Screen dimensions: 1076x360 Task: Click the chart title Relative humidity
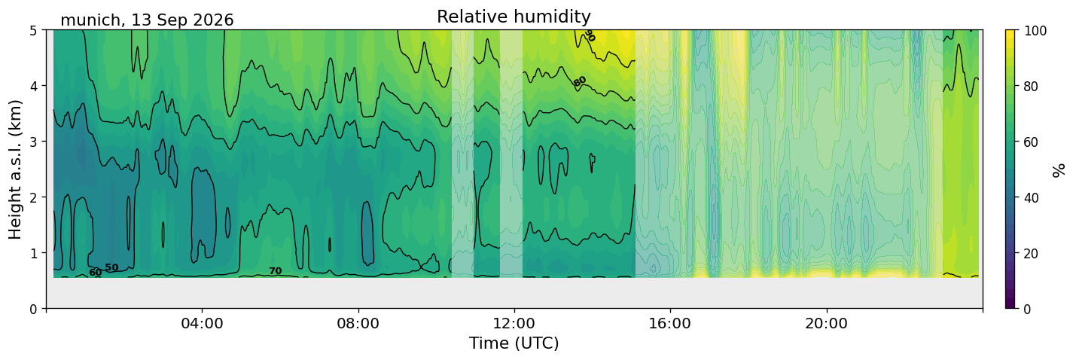coord(514,17)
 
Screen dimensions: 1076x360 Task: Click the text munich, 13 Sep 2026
coord(147,20)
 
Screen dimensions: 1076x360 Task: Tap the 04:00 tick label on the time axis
coord(203,323)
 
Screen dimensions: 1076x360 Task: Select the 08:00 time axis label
coord(358,323)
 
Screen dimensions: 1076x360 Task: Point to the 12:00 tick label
coord(514,323)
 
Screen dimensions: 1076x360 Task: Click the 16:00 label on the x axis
coord(670,323)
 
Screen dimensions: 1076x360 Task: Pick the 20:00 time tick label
coord(826,323)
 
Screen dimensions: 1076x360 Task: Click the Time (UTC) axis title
coord(514,343)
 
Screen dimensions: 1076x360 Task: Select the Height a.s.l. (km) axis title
coord(15,169)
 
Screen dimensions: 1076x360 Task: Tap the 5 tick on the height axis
coord(33,30)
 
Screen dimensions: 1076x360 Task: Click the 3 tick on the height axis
coord(33,142)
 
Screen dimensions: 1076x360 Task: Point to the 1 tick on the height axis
coord(33,253)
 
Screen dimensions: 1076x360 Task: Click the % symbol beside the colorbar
coord(1058,170)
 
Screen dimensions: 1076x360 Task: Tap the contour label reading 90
coord(590,35)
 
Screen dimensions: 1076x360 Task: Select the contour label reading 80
coord(580,81)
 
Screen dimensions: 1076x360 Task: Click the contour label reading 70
coord(276,271)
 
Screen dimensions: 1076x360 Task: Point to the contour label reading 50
coord(111,267)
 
